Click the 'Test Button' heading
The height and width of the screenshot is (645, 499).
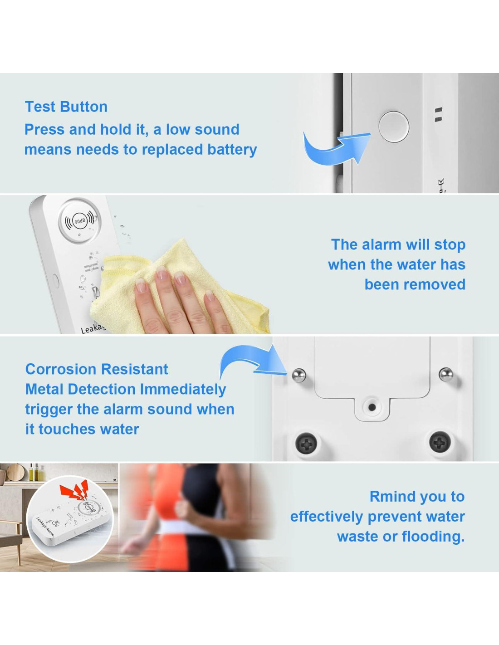pos(66,107)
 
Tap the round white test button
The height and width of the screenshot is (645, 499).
pos(394,127)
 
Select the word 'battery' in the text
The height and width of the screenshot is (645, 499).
pos(232,150)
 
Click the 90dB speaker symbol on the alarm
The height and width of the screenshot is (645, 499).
pos(79,221)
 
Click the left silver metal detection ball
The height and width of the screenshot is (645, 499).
pos(299,376)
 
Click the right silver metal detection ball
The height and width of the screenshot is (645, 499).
pos(446,375)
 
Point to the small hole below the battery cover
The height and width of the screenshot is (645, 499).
pos(372,407)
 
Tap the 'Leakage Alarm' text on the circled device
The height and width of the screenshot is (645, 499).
pos(45,527)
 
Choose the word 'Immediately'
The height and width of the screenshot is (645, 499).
pos(183,390)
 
